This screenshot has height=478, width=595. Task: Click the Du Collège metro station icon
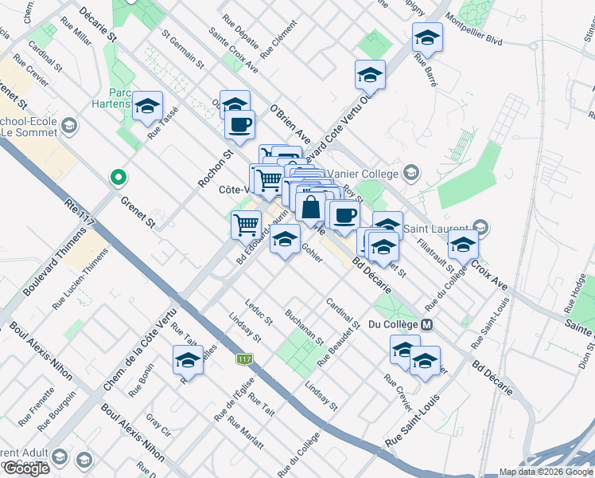427,324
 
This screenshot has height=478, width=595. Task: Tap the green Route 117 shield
244,360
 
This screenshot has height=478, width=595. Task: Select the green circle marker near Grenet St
119,177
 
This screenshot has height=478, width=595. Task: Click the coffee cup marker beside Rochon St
239,123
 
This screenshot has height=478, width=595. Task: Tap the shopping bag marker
311,207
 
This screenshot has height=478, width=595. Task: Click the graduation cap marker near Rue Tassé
147,106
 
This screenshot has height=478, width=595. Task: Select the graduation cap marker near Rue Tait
188,359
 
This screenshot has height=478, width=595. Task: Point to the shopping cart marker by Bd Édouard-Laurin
246,224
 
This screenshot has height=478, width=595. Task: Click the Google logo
26,468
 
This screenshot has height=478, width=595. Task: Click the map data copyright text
545,472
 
